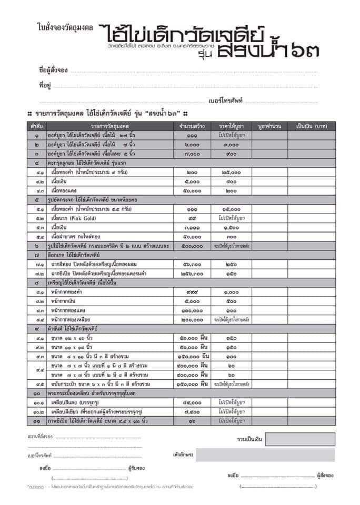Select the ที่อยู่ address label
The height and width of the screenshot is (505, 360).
click(45, 85)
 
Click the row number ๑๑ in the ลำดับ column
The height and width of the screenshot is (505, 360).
click(36, 421)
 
